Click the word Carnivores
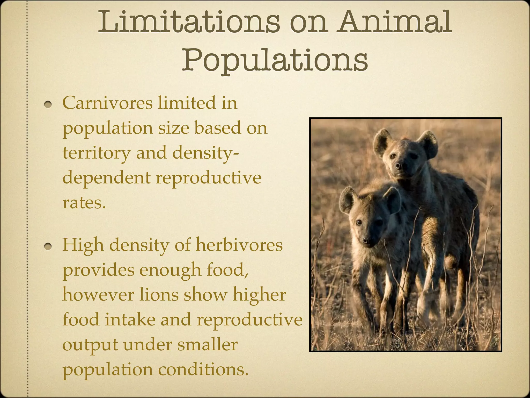107,103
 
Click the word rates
84,203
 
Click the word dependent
106,178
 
